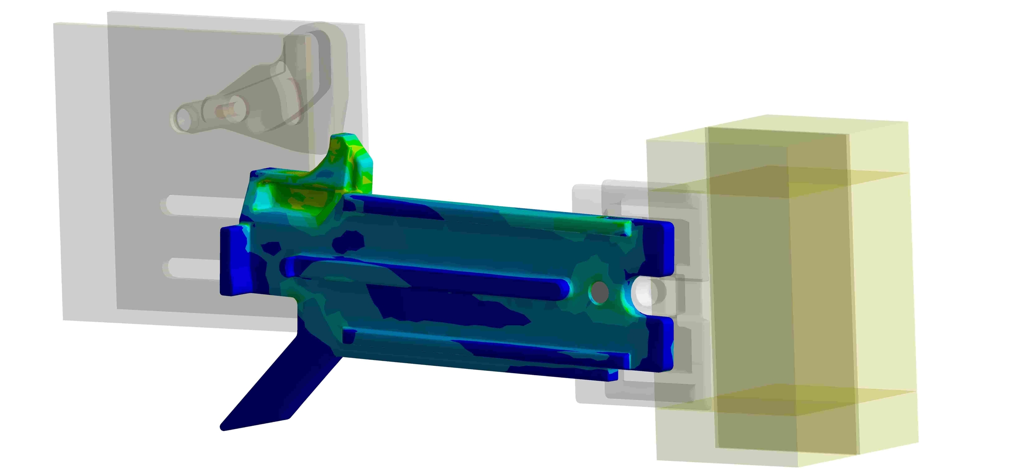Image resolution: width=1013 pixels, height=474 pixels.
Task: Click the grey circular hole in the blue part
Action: (x=599, y=291)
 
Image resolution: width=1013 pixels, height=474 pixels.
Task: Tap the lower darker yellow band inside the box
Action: (x=781, y=399)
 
